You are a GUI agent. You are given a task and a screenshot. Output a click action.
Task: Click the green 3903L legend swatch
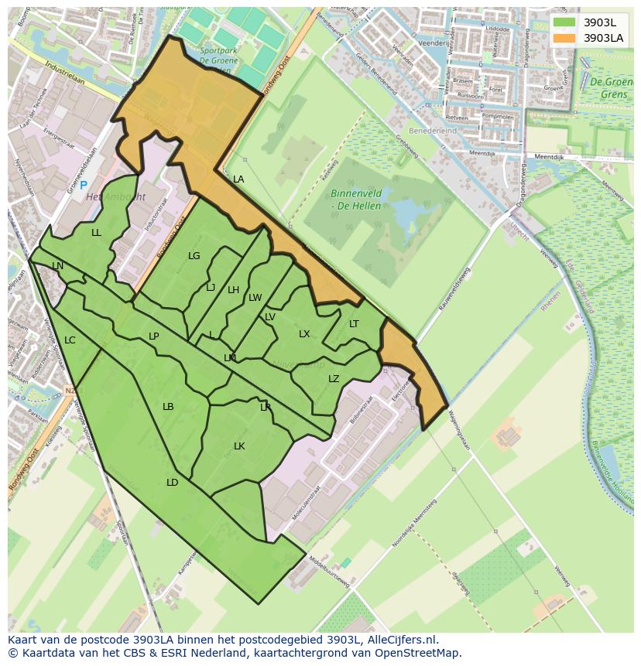(x=564, y=22)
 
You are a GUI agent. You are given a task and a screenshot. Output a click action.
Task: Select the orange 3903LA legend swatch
(x=564, y=38)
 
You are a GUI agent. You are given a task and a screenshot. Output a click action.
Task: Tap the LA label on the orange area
(x=238, y=179)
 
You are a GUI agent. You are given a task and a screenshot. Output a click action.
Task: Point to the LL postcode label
(x=96, y=233)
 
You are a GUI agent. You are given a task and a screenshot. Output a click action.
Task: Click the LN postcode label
(x=58, y=266)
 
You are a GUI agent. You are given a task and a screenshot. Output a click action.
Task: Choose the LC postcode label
(x=70, y=340)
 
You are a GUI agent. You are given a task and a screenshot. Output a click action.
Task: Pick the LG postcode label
(x=194, y=256)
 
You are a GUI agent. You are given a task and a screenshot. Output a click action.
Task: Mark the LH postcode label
(x=233, y=290)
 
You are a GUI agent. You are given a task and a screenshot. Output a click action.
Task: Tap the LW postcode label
(x=255, y=298)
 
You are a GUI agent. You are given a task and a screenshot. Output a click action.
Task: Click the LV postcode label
(x=270, y=317)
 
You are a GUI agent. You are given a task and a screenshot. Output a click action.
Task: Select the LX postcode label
(x=304, y=334)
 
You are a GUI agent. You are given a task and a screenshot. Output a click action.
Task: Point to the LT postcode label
(x=354, y=324)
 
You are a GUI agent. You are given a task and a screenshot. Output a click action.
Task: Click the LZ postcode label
(x=334, y=379)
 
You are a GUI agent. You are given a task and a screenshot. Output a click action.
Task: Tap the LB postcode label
(x=168, y=407)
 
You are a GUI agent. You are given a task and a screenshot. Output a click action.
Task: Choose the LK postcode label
(x=239, y=446)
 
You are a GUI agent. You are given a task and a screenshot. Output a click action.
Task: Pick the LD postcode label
(x=172, y=483)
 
